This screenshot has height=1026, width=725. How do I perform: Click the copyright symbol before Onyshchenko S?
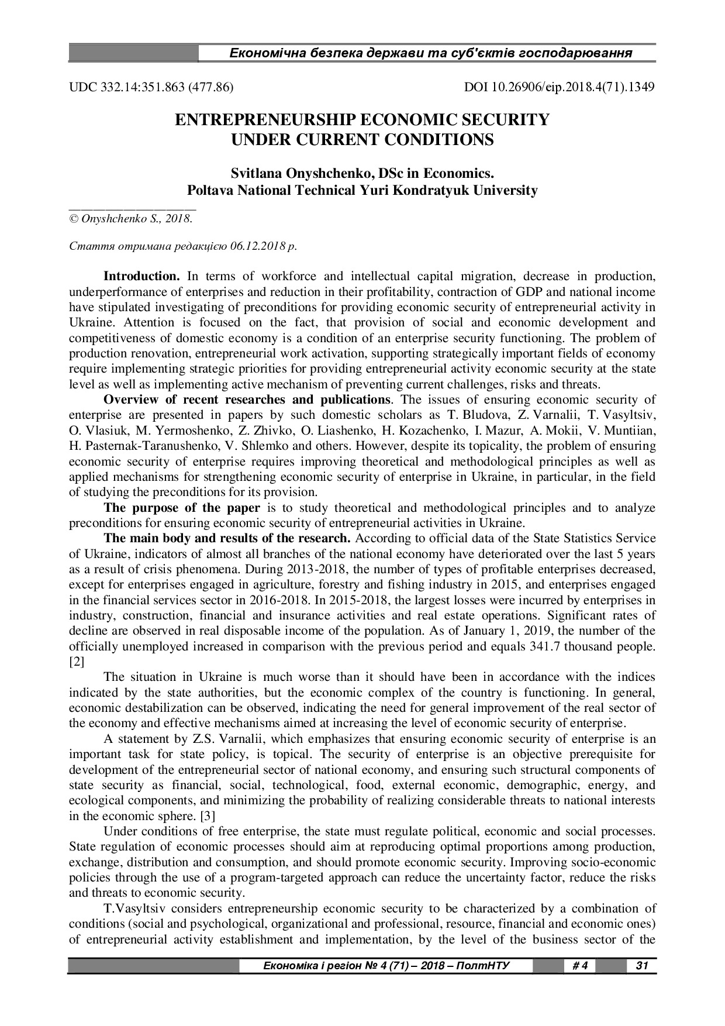(x=73, y=219)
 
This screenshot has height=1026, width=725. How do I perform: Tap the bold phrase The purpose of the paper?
(x=182, y=508)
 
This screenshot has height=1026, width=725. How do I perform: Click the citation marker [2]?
(x=77, y=662)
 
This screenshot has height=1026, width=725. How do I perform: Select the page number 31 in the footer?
(x=641, y=966)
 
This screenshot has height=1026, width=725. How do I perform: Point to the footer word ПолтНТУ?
(x=483, y=966)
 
